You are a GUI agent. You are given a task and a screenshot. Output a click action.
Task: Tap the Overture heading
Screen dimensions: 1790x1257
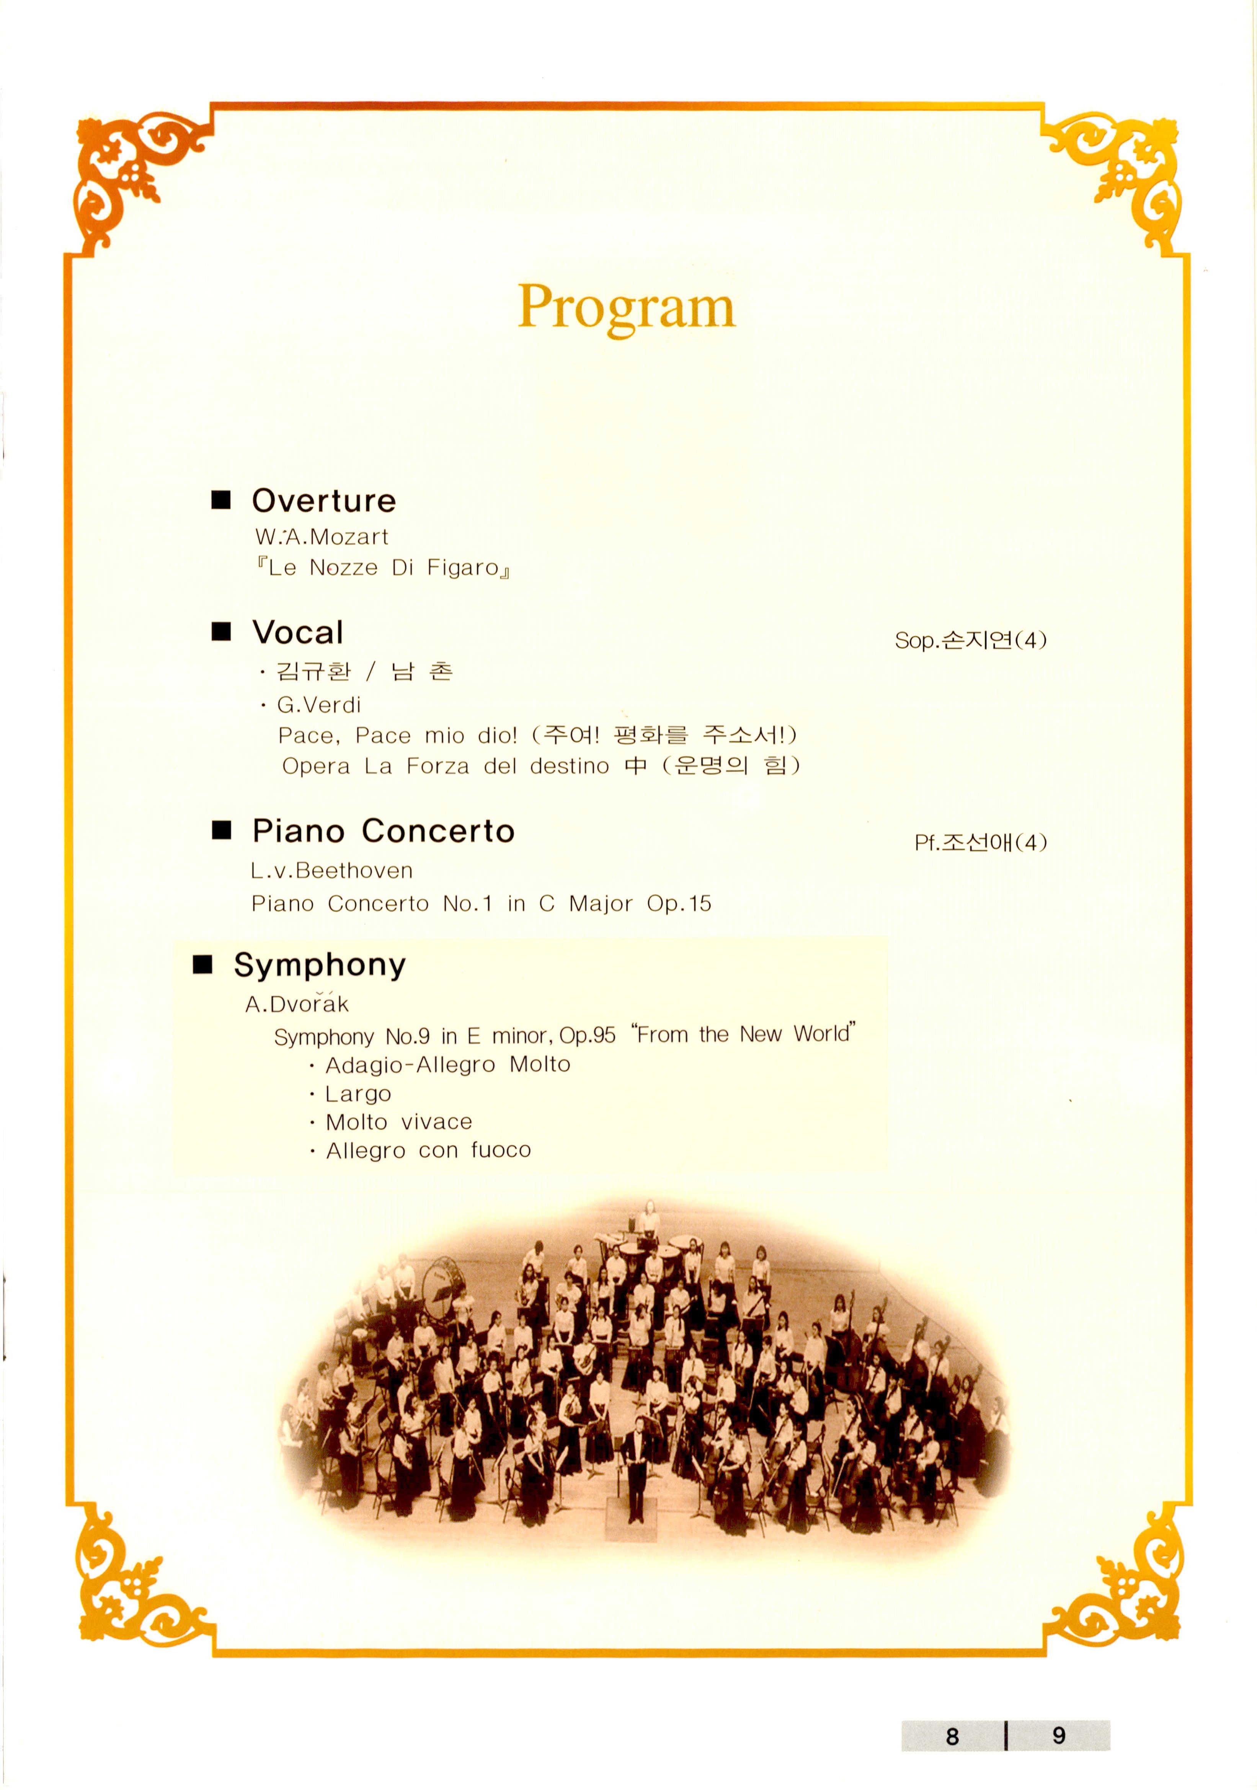323,501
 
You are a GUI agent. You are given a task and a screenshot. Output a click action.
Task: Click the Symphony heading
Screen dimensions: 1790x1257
320,965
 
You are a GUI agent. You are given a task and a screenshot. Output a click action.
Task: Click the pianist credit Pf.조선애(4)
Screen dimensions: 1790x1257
980,843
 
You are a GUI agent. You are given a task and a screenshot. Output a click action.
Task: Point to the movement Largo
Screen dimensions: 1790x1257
358,1094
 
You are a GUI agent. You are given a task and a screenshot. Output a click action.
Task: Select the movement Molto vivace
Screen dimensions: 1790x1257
398,1122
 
